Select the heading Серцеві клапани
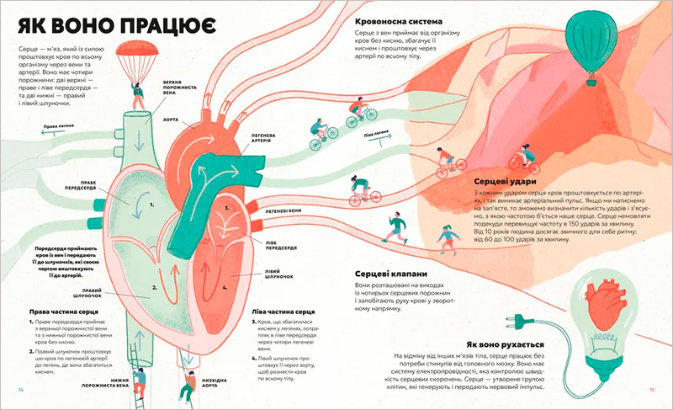tap(391, 274)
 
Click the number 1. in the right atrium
tap(151, 203)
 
